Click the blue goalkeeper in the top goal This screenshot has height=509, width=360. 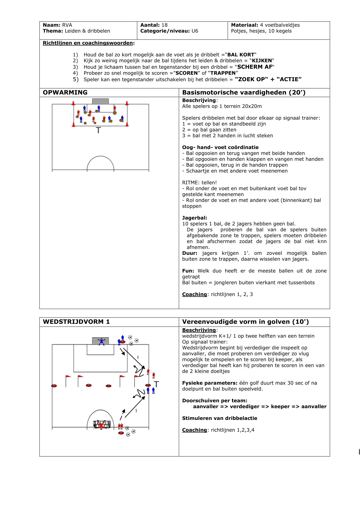(x=101, y=341)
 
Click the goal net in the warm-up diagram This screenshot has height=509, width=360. (x=100, y=101)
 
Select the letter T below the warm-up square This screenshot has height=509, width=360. (x=98, y=130)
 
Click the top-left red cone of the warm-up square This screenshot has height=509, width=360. (x=73, y=103)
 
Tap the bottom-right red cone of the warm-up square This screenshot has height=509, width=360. (x=127, y=124)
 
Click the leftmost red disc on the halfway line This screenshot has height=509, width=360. (x=54, y=386)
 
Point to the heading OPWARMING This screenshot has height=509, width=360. (x=65, y=93)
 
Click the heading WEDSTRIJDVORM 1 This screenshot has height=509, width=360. (x=76, y=322)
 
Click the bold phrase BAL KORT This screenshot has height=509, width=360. (x=240, y=55)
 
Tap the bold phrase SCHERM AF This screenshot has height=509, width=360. (x=255, y=67)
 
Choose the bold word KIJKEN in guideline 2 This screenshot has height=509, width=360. (x=262, y=61)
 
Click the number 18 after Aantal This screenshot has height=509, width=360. (x=164, y=25)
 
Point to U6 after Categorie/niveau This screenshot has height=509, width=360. (x=195, y=31)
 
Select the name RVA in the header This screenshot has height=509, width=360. (x=67, y=25)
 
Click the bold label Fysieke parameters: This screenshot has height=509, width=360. (x=209, y=383)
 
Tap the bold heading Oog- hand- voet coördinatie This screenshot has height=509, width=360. (x=220, y=147)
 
